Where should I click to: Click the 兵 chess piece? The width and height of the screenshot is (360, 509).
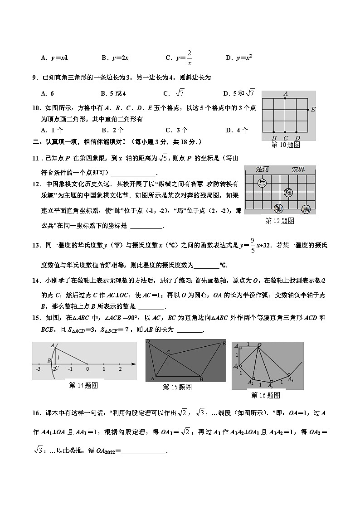pyautogui.click(x=262, y=183)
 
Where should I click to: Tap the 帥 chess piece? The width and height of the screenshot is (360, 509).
pyautogui.click(x=279, y=208)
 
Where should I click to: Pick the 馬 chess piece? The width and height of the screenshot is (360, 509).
pyautogui.click(x=306, y=208)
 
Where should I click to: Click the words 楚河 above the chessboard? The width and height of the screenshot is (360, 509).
pyautogui.click(x=263, y=170)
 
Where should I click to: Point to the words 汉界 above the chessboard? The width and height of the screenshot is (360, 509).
pyautogui.click(x=298, y=170)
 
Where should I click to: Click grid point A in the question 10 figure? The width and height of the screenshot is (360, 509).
pyautogui.click(x=285, y=98)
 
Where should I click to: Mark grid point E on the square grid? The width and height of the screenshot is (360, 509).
pyautogui.click(x=308, y=109)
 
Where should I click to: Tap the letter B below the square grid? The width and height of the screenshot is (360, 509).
pyautogui.click(x=274, y=138)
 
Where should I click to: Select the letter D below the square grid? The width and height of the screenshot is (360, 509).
pyautogui.click(x=297, y=138)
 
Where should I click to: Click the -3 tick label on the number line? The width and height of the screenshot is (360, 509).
pyautogui.click(x=38, y=369)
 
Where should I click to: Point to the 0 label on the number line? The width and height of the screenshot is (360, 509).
pyautogui.click(x=87, y=369)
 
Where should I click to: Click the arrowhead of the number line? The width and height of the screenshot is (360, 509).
pyautogui.click(x=134, y=364)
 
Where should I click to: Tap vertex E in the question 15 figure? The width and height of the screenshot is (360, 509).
pyautogui.click(x=223, y=344)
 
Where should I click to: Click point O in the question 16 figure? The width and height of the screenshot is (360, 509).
pyautogui.click(x=259, y=345)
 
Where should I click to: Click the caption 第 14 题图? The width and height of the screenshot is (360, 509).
pyautogui.click(x=83, y=385)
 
